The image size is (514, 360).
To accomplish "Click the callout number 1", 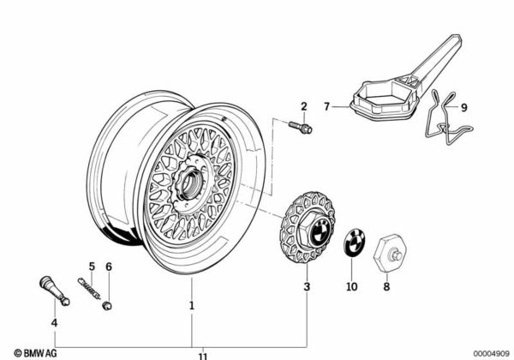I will pos(192,304).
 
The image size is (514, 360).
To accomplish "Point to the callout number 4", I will pos(54,323).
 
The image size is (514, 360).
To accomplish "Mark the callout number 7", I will pos(326,106).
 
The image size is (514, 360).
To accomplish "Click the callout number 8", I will pos(386,287).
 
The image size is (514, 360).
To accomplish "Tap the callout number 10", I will pos(351,287).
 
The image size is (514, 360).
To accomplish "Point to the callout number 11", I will pos(202,354).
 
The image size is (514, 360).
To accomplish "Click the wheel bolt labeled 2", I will pos(305,128).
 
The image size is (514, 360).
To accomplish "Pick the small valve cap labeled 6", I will pos(106,304).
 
